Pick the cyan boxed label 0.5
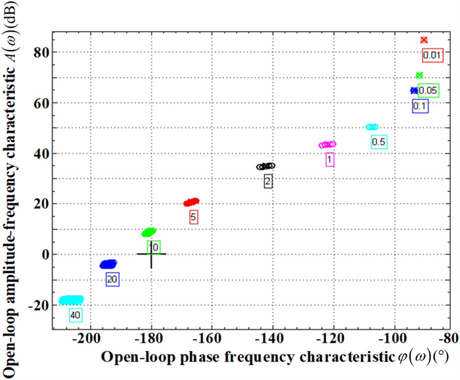379,141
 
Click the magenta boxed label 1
330,159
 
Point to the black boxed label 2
268,181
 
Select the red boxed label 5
193,216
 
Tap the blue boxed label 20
112,279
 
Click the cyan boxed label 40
75,316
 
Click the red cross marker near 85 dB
424,40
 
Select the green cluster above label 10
149,232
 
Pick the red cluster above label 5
191,202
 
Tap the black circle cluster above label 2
265,166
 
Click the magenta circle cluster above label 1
327,145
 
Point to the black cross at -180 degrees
151,254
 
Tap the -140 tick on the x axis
271,339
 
